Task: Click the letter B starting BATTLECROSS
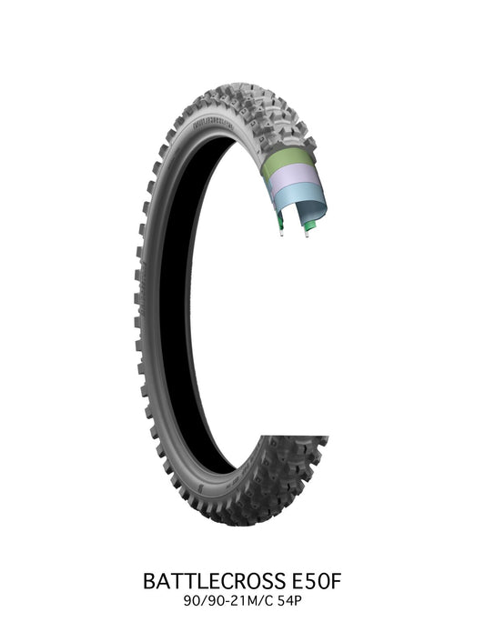pos(149,580)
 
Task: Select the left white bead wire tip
pos(283,235)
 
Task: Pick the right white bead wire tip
pos(308,235)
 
